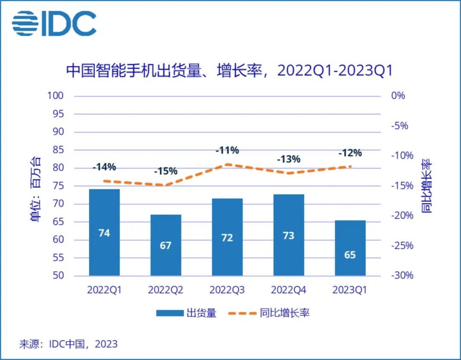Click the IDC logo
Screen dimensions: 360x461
point(54,23)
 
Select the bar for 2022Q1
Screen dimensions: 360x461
point(104,232)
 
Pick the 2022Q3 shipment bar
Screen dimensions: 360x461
point(227,237)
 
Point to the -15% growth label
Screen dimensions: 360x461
point(165,171)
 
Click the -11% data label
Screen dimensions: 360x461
point(227,150)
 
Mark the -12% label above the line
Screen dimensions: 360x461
point(350,153)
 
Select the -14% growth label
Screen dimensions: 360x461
point(104,167)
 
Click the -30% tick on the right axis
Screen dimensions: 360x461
point(402,275)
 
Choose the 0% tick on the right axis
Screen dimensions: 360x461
point(398,96)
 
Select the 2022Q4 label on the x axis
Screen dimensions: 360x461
point(289,290)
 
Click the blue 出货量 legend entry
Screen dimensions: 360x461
point(186,313)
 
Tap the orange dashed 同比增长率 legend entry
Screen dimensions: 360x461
point(268,313)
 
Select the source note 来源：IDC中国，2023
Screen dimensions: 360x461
point(68,344)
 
